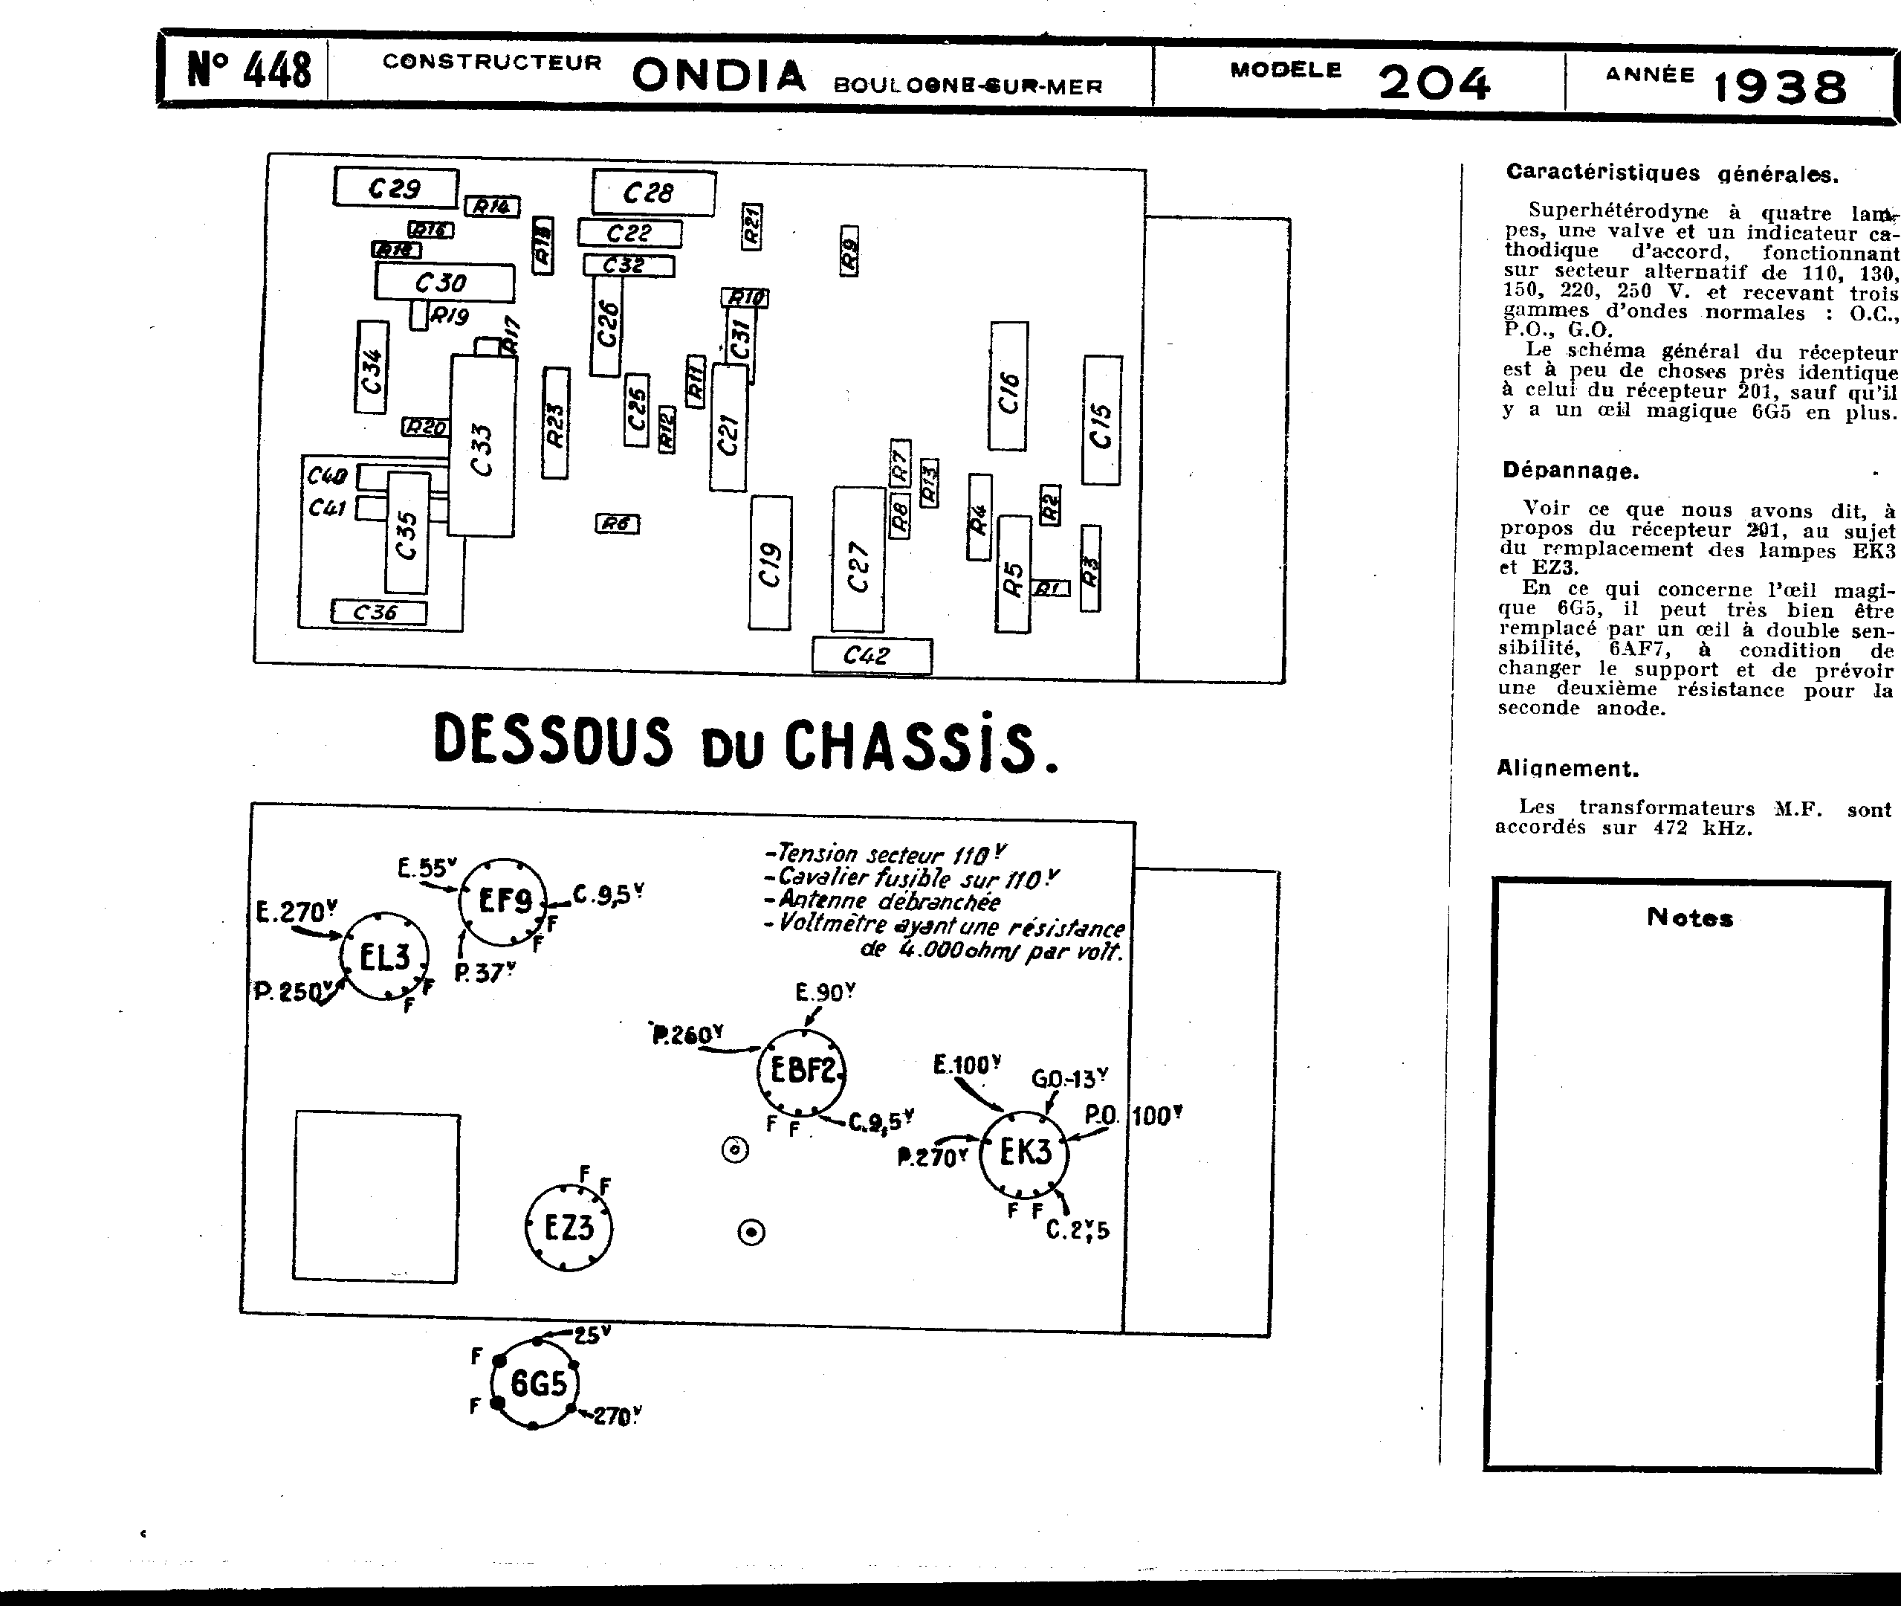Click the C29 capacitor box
click(x=396, y=188)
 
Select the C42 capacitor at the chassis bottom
click(x=871, y=656)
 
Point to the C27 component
click(x=858, y=561)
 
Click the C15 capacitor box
click(x=1101, y=422)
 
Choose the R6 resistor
click(x=617, y=523)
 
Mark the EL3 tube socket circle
click(x=384, y=957)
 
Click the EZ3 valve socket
click(x=569, y=1228)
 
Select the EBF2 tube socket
click(x=802, y=1071)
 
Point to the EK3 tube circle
click(x=1025, y=1153)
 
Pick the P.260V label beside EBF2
click(x=687, y=1035)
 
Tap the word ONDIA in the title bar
click(x=719, y=77)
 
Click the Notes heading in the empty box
click(x=1689, y=918)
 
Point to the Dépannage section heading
click(x=1570, y=471)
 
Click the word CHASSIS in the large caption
click(x=920, y=745)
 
